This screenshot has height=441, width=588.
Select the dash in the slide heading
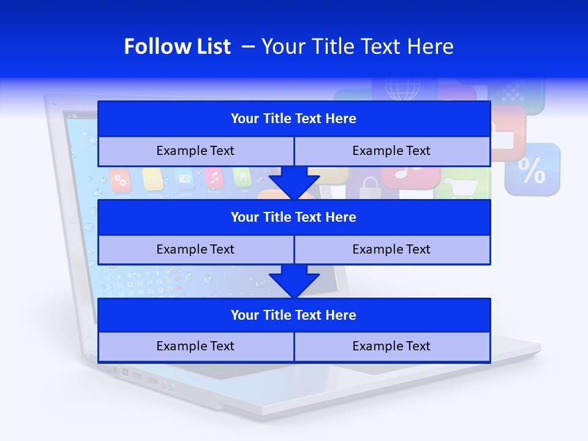[x=248, y=47]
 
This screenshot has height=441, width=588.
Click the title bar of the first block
[x=294, y=119]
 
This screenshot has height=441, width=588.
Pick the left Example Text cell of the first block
[x=195, y=151]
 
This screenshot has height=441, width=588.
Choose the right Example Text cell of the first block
[x=392, y=151]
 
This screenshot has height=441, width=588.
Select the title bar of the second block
[x=294, y=217]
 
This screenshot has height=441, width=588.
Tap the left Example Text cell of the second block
[x=195, y=249]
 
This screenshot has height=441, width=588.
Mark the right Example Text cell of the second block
[x=392, y=249]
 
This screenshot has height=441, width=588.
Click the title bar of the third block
[x=294, y=315]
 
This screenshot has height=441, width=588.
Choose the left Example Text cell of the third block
[x=195, y=346]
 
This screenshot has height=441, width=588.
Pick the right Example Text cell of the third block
[x=392, y=346]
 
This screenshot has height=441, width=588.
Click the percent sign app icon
[x=532, y=170]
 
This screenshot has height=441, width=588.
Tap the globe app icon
[x=403, y=89]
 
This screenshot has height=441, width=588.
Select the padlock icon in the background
[x=369, y=188]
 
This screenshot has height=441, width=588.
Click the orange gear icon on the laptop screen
[x=121, y=181]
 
